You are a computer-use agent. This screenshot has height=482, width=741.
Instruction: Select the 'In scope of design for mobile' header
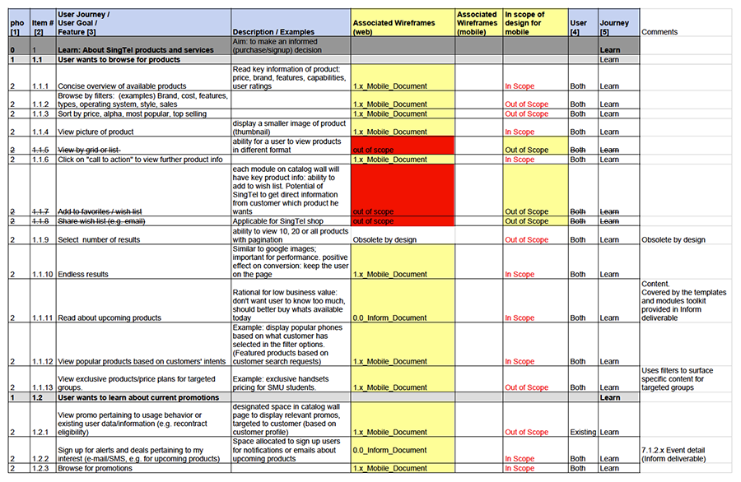point(534,23)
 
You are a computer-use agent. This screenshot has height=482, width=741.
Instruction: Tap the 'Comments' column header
point(660,32)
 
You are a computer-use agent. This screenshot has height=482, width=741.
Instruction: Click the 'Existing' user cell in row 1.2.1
point(581,432)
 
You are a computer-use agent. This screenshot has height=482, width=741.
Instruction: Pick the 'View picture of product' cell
point(96,132)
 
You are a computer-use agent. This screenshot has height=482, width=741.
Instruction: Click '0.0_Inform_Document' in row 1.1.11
point(389,317)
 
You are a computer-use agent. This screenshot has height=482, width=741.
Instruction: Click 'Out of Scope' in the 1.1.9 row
point(526,240)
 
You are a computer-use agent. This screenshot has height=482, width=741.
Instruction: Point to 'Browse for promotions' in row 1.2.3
point(95,469)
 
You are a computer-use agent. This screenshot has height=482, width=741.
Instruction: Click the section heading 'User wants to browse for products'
point(119,60)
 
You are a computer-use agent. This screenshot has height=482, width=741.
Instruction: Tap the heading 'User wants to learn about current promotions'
point(138,397)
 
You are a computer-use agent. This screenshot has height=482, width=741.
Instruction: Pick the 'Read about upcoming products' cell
point(110,317)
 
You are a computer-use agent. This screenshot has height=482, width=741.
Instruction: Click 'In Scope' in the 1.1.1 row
point(520,86)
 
